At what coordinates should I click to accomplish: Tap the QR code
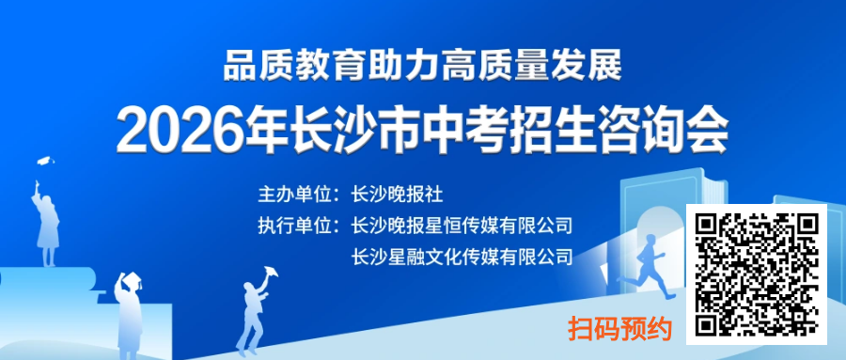(757, 274)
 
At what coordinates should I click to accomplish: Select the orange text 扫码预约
(620, 329)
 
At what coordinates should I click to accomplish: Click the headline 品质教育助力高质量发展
(422, 66)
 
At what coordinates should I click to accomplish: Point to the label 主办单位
(293, 195)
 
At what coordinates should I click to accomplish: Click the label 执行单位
(293, 225)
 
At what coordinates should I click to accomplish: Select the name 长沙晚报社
(397, 195)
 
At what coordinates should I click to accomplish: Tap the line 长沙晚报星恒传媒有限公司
(462, 225)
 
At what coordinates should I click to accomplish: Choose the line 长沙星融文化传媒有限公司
(462, 256)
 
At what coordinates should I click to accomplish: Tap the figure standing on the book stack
(47, 224)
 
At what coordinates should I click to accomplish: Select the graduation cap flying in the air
(46, 161)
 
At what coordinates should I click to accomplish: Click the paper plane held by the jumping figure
(271, 272)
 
